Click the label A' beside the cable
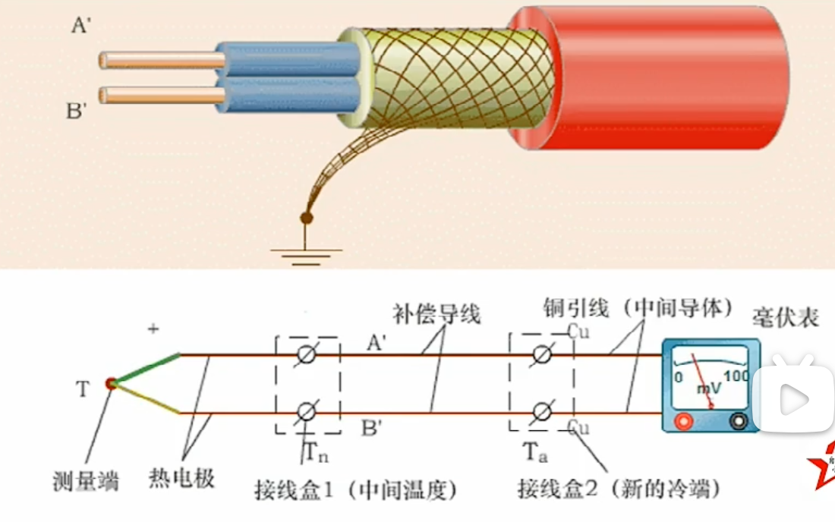click(x=81, y=26)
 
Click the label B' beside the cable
click(x=77, y=112)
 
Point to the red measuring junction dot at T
click(x=112, y=384)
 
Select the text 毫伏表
click(x=786, y=316)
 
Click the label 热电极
click(x=181, y=478)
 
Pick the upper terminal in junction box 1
click(x=307, y=354)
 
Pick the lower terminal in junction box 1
click(x=307, y=412)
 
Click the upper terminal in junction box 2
click(x=542, y=354)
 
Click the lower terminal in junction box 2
click(x=542, y=412)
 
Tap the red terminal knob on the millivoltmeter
click(x=685, y=420)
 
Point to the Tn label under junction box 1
click(x=317, y=452)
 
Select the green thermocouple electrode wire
click(x=148, y=368)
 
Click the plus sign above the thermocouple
click(x=154, y=329)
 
